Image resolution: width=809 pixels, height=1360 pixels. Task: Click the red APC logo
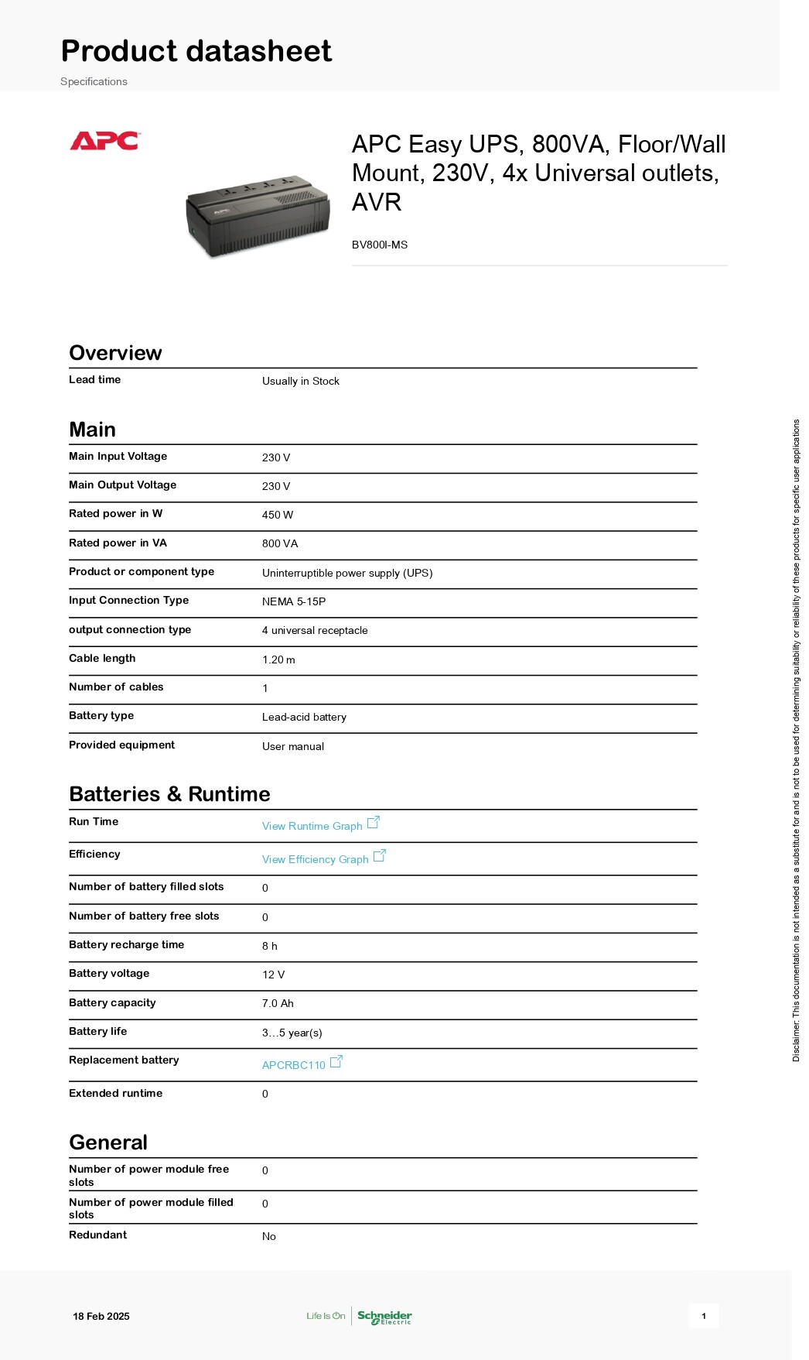click(x=104, y=141)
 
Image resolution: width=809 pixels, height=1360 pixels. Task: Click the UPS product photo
click(x=258, y=216)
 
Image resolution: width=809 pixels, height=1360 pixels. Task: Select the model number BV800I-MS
click(x=379, y=245)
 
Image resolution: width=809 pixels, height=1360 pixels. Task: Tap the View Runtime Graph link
click(x=312, y=826)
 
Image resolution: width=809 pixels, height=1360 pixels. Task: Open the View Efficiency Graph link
click(x=316, y=859)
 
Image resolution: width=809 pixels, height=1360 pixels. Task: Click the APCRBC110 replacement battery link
click(x=294, y=1065)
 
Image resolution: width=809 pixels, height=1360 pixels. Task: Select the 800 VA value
click(x=280, y=543)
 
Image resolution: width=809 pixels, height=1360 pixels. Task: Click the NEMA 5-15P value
click(x=294, y=601)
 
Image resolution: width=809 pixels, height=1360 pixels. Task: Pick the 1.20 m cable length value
click(x=278, y=659)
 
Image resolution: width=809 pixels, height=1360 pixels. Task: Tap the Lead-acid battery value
click(x=304, y=717)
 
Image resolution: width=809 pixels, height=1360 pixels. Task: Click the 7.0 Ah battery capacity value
click(x=278, y=1003)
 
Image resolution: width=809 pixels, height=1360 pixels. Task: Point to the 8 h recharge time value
click(x=269, y=946)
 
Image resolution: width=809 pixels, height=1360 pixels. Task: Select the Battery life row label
click(x=98, y=1031)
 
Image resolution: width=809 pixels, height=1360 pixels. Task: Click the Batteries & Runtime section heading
click(x=169, y=794)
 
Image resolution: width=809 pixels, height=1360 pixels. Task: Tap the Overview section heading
click(x=115, y=353)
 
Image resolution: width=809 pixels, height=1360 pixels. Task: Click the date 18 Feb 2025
click(x=101, y=1316)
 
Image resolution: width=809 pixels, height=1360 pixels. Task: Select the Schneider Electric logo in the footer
click(x=384, y=1317)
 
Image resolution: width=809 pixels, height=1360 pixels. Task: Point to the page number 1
click(x=704, y=1316)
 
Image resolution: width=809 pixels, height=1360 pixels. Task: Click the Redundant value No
click(x=269, y=1236)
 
